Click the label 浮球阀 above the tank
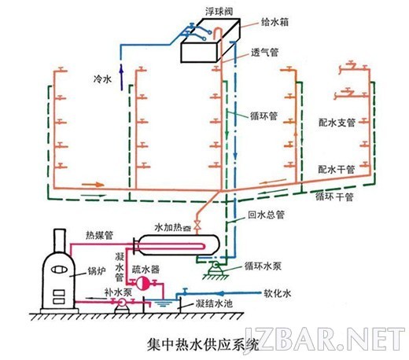[219, 12]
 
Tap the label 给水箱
[275, 22]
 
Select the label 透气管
[264, 53]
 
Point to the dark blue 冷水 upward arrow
[121, 78]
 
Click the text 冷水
[103, 79]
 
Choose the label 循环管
[263, 116]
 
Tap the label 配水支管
[337, 123]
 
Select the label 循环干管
[334, 197]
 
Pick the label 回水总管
[266, 215]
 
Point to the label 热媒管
[99, 235]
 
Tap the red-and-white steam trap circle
[142, 284]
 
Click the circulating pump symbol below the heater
[216, 266]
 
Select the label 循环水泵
[263, 266]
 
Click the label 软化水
[278, 293]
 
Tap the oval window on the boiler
[60, 270]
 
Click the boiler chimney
[60, 241]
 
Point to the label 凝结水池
[214, 304]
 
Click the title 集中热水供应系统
[203, 344]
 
